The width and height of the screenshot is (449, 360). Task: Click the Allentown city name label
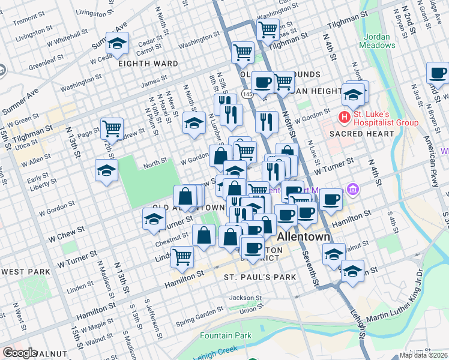303,237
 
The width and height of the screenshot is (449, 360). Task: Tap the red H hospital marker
345,116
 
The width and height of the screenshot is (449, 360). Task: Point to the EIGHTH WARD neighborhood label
148,64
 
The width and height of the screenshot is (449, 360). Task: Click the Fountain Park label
226,335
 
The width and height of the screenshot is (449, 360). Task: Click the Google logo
20,353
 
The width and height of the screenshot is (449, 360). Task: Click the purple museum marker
352,190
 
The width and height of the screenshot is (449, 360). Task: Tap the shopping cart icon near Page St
112,128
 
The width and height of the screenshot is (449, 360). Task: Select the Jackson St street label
246,298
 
